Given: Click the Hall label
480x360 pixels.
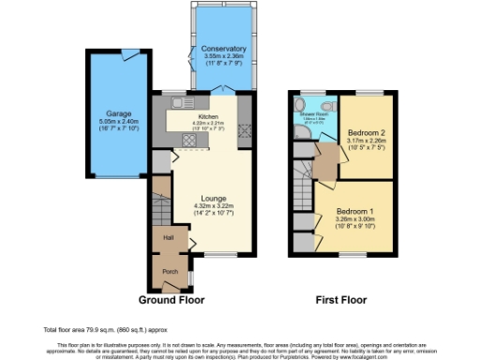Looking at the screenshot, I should click(168, 238).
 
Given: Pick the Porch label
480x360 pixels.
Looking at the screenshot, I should click(170, 272).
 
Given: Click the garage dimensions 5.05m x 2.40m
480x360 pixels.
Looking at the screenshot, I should click(118, 122).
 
